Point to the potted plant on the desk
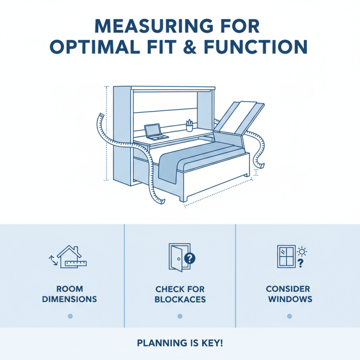189,125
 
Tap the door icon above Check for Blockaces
177,257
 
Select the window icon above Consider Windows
286,256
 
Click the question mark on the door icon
190,258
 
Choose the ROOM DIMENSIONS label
70,294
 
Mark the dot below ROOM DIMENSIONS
70,316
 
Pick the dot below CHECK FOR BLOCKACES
180,316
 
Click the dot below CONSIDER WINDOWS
290,316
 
